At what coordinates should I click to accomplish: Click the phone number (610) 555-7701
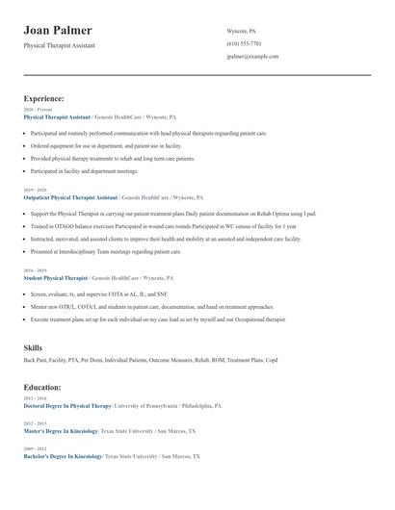tap(244, 43)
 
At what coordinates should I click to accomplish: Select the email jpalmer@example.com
tap(252, 57)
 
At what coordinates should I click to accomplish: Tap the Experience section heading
tap(43, 98)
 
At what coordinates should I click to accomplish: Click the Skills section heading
tap(35, 346)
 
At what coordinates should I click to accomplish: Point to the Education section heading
tap(42, 387)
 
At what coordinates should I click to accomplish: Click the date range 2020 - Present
tap(38, 110)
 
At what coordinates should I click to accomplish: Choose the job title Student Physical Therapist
tap(55, 278)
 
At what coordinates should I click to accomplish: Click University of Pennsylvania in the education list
tap(145, 406)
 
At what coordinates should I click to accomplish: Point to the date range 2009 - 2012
tap(34, 448)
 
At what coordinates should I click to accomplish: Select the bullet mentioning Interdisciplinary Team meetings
tap(106, 251)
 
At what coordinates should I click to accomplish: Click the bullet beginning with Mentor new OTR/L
tap(135, 307)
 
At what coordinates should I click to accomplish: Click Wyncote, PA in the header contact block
tap(241, 31)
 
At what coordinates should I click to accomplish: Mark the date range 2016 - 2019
tap(34, 271)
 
